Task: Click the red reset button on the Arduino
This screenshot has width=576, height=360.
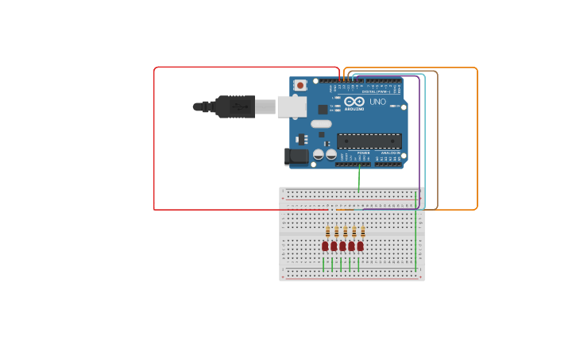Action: tap(300, 85)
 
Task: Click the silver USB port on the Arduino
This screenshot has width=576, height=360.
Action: tap(292, 106)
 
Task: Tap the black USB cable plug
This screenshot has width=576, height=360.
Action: tap(234, 106)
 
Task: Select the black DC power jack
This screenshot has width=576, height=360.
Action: tap(297, 156)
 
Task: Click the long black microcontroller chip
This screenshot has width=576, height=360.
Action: tap(369, 141)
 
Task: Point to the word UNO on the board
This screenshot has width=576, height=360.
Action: tap(377, 102)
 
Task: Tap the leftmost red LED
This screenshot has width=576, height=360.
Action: tap(325, 246)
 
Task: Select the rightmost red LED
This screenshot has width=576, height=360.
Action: tap(360, 246)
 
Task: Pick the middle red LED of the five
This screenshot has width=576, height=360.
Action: tap(342, 246)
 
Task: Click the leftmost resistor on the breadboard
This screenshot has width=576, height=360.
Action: tap(328, 232)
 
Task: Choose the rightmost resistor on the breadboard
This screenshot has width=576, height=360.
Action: tap(363, 232)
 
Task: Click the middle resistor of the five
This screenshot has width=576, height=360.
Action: tap(346, 232)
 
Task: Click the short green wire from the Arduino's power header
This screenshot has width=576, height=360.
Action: tap(359, 179)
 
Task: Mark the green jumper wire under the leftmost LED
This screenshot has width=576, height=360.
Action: tap(323, 264)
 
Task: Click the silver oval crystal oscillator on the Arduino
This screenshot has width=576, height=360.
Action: tap(321, 123)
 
